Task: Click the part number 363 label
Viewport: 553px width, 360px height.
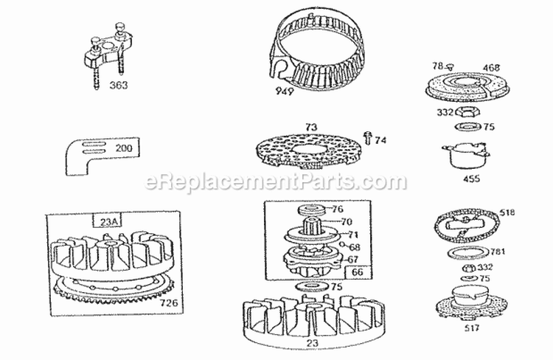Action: (x=117, y=85)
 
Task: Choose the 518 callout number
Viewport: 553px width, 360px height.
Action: (x=507, y=212)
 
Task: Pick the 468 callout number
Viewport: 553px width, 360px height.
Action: (x=492, y=67)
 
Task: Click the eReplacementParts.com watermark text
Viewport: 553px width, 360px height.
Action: (x=276, y=181)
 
